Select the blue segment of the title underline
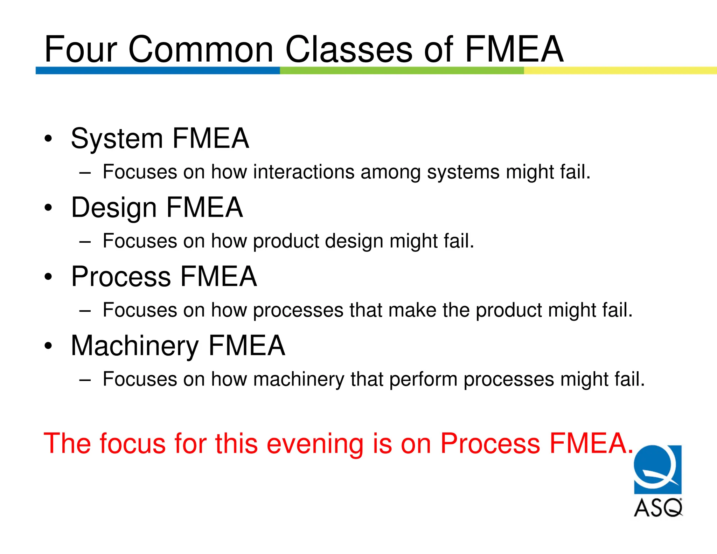coord(158,70)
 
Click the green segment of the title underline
coord(402,70)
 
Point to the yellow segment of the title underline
coord(620,70)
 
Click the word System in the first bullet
coord(117,139)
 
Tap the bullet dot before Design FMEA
coord(48,208)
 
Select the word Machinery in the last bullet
coord(135,346)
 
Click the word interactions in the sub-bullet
coord(304,172)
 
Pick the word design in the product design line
coord(354,241)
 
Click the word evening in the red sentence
coord(315,444)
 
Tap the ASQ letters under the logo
coord(658,507)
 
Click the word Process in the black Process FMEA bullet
coord(121,277)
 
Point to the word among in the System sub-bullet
coord(390,172)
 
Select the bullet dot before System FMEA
coord(48,139)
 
